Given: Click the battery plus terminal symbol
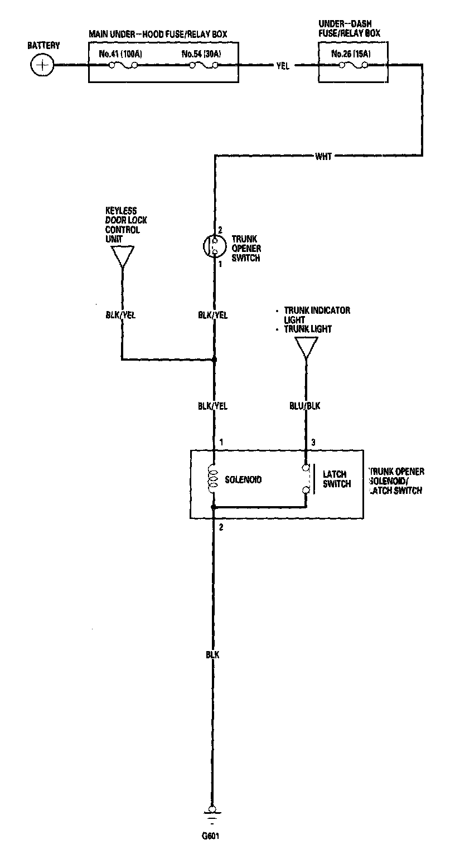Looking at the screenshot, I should [41, 65].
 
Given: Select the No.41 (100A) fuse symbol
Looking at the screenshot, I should [123, 66].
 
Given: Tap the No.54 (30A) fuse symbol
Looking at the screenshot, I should [204, 66].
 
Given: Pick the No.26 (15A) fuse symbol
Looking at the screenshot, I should [353, 66].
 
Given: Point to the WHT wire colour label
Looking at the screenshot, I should [323, 157].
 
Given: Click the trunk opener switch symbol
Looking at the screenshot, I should [212, 246].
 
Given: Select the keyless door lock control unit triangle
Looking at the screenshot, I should [122, 257].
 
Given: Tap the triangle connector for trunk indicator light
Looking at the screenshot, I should [306, 347].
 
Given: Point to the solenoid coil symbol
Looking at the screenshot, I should [212, 479].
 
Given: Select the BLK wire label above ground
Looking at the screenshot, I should [212, 654].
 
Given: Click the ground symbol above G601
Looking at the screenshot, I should [212, 815].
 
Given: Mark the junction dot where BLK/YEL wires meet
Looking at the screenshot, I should [214, 360].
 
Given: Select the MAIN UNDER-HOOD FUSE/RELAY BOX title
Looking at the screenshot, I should [158, 35].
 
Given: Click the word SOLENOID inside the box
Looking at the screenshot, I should [243, 479].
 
